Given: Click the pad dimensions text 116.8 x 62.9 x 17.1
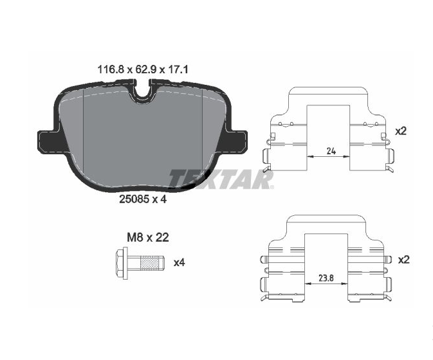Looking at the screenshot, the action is pyautogui.click(x=143, y=69).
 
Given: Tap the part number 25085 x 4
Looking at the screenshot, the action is pyautogui.click(x=143, y=199).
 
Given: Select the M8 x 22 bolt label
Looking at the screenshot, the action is pyautogui.click(x=148, y=237).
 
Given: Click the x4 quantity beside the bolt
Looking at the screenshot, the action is pyautogui.click(x=180, y=263).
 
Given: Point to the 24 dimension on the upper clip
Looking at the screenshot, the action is pyautogui.click(x=331, y=151).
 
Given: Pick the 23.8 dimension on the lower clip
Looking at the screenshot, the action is pyautogui.click(x=326, y=278).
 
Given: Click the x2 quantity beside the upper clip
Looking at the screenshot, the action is pyautogui.click(x=401, y=131).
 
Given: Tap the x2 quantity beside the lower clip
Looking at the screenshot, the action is pyautogui.click(x=403, y=260).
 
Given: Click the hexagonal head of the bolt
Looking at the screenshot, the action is pyautogui.click(x=120, y=263).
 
